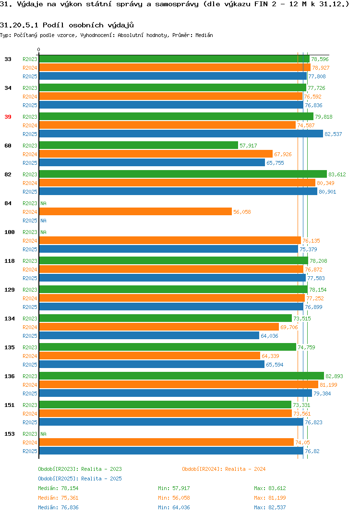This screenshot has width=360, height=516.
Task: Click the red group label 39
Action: tap(8, 117)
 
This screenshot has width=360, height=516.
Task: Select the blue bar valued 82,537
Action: tap(181, 134)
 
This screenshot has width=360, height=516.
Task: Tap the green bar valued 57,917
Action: tap(138, 146)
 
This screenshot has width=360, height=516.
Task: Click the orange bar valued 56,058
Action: tap(135, 212)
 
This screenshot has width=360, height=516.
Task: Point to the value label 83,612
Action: tap(337, 174)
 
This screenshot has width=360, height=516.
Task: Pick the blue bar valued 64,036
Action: tap(149, 336)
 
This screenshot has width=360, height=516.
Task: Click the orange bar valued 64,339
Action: tap(150, 356)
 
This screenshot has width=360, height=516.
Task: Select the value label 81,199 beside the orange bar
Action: tap(328, 385)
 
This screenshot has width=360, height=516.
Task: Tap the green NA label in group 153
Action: tap(43, 434)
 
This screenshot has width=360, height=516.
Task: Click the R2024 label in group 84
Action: tap(30, 212)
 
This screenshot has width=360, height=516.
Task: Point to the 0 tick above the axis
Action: tap(39, 49)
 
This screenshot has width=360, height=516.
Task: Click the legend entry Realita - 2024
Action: tap(224, 469)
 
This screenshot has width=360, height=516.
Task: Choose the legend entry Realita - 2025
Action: tap(80, 479)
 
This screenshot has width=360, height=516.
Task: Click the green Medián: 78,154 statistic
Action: tap(58, 488)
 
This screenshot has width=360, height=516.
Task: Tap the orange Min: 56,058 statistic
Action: tap(174, 498)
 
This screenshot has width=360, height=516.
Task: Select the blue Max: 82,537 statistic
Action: tap(270, 507)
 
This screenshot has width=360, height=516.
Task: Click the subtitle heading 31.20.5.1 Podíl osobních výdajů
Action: tap(67, 25)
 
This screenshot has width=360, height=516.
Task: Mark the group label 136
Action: tap(10, 376)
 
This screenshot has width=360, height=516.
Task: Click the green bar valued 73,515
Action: tap(166, 318)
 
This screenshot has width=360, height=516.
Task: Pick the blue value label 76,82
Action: tap(312, 451)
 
